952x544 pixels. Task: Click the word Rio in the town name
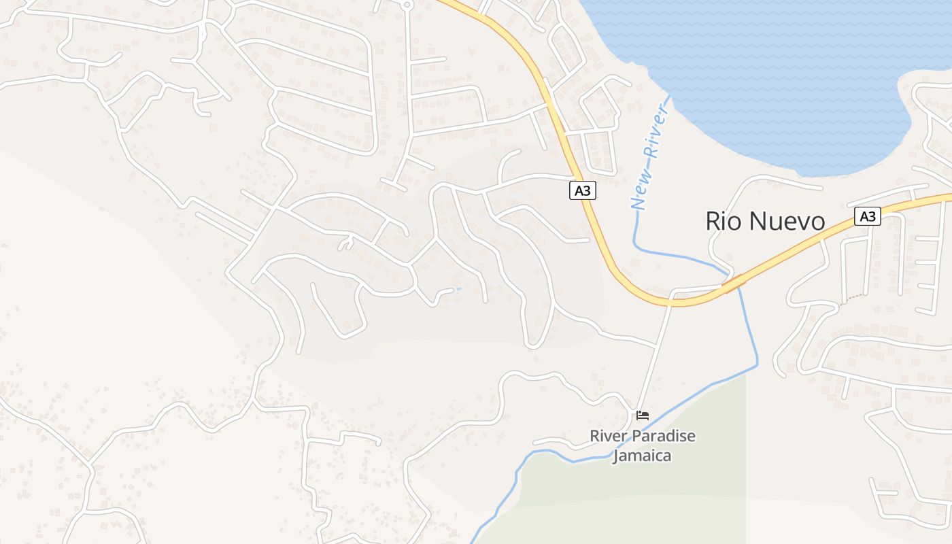point(724,221)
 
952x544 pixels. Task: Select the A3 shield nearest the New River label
point(582,191)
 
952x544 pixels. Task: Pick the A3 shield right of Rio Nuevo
point(867,216)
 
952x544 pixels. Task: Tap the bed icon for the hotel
point(643,415)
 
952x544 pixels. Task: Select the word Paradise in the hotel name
point(665,436)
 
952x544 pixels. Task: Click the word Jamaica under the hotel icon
point(642,456)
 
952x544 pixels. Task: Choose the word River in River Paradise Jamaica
point(609,436)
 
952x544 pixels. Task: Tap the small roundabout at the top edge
point(407,4)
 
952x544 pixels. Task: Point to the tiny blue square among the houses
point(458,289)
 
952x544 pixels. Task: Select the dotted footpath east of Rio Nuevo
point(850,299)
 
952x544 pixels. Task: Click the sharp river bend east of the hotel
point(757,365)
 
